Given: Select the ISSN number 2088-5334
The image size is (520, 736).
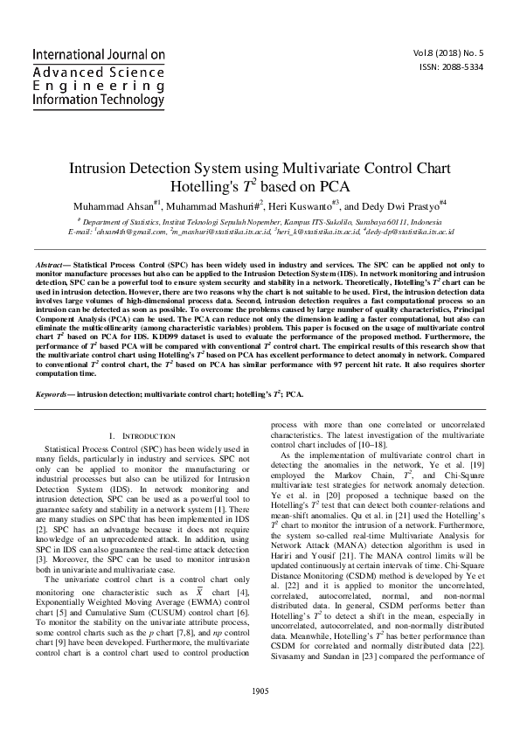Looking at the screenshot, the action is [462, 67].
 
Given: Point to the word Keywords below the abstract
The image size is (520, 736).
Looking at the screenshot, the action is [52, 394].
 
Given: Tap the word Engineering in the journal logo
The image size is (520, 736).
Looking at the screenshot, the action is [83, 85].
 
